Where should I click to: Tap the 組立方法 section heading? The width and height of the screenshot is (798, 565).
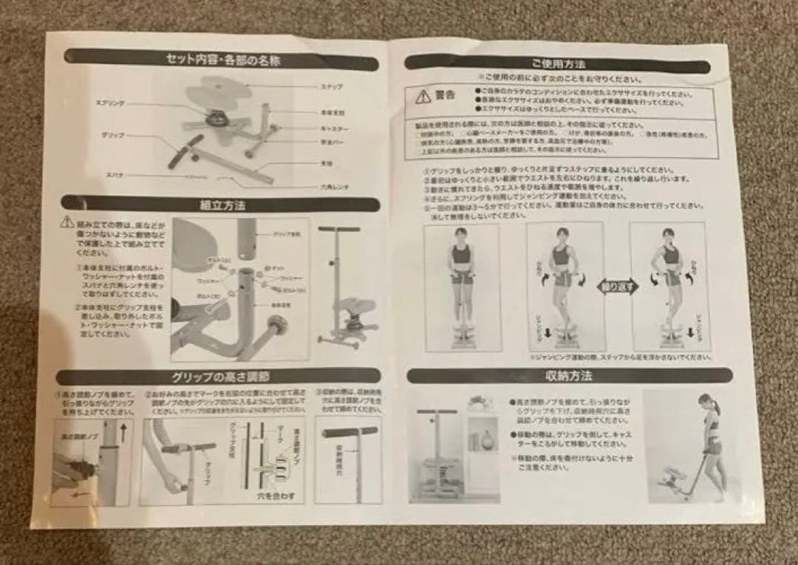pyautogui.click(x=222, y=203)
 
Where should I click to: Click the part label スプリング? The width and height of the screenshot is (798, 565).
pyautogui.click(x=111, y=105)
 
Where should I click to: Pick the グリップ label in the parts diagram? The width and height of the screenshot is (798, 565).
pyautogui.click(x=111, y=136)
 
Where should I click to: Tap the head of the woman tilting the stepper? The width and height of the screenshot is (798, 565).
pyautogui.click(x=706, y=403)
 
